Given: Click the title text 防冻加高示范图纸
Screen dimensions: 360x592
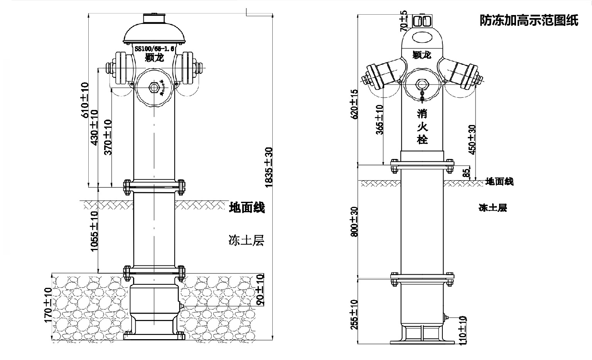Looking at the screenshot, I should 529,20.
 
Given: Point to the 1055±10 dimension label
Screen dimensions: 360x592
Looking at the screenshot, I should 94,232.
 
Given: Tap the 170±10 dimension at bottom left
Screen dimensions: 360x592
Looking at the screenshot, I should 48,305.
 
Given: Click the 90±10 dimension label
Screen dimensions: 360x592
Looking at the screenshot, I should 260,289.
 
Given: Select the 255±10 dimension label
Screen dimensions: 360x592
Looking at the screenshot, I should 354,314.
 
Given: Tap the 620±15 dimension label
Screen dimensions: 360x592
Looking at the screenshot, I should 354,104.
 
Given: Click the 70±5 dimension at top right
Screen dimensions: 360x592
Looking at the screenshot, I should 403,21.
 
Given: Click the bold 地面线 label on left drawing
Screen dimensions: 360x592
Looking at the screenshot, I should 247,208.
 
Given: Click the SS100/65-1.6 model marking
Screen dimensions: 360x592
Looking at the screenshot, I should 155,49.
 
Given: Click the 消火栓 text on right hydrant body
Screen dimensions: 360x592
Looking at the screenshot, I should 422,127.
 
